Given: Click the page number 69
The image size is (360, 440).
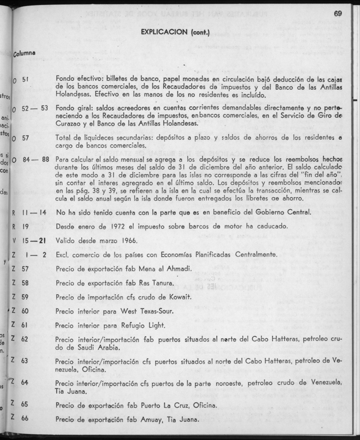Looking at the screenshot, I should [337, 14].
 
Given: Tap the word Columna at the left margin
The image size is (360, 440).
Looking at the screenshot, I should [24, 54].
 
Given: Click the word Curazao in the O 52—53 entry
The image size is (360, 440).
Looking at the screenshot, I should [68, 124].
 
